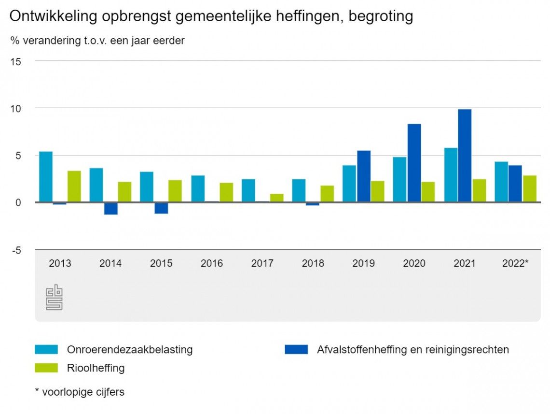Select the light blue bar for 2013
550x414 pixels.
click(x=46, y=177)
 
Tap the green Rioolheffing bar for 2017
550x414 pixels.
click(x=277, y=198)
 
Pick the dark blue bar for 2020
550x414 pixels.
click(x=414, y=163)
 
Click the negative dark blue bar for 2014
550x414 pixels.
click(x=110, y=208)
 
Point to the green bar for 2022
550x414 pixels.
click(x=530, y=189)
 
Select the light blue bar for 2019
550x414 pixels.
click(x=349, y=184)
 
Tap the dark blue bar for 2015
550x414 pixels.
click(x=161, y=208)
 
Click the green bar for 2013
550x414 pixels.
click(x=74, y=186)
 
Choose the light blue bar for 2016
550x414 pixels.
click(x=198, y=189)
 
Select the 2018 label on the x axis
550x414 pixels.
click(x=313, y=264)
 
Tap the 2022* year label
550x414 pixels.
click(x=515, y=264)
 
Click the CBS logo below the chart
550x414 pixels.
click(x=54, y=297)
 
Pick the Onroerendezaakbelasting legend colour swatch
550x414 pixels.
click(x=46, y=349)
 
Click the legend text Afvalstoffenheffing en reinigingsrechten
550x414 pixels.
click(x=412, y=349)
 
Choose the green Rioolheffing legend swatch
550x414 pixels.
click(x=46, y=368)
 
